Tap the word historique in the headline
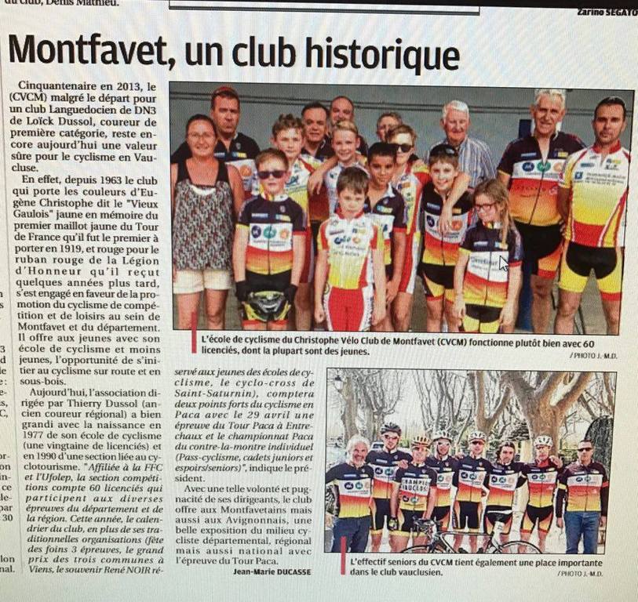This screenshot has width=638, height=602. [388, 54]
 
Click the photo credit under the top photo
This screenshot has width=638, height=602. [594, 355]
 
